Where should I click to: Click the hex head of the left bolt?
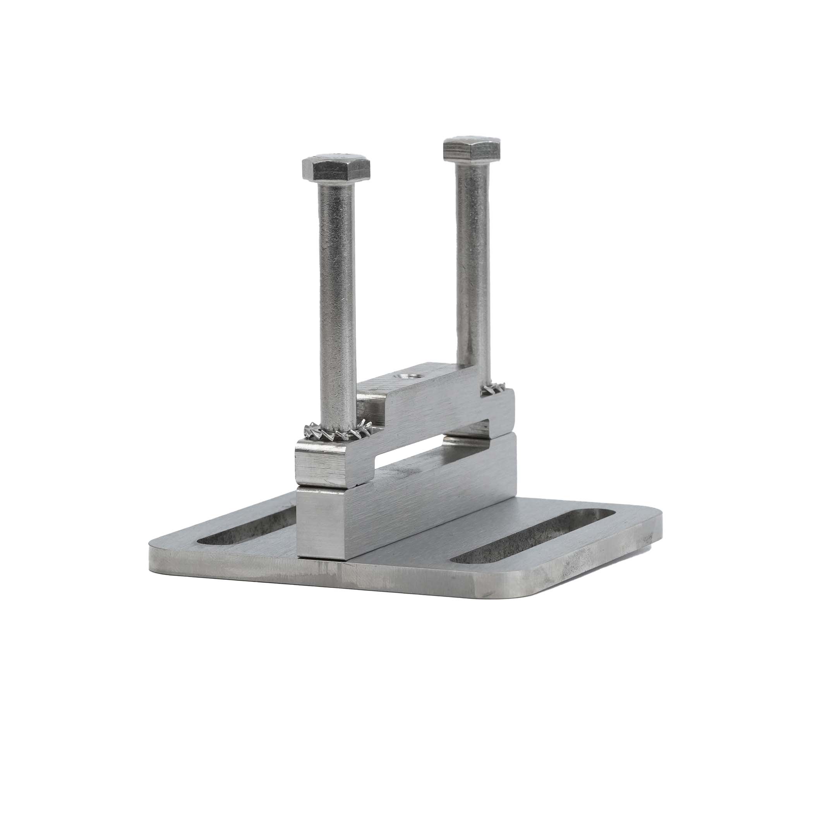point(336,169)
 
